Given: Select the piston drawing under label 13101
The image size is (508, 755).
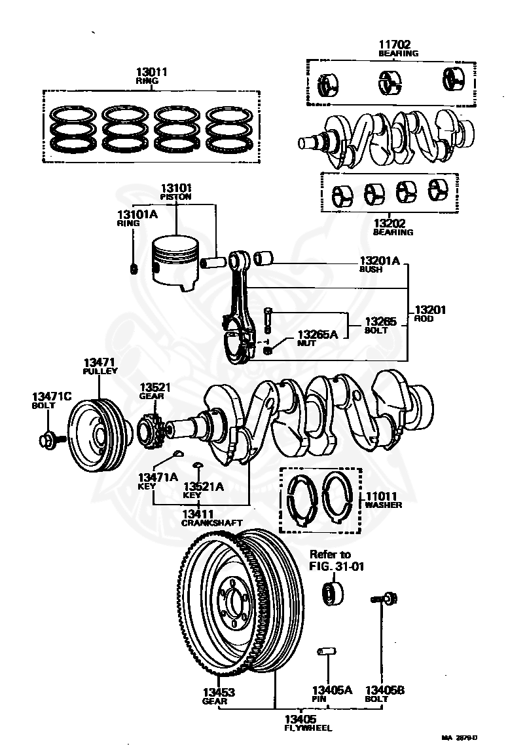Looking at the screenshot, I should coord(175,263).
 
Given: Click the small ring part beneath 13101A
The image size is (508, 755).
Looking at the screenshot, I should coord(134,268).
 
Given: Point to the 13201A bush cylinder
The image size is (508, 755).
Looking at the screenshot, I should coord(263,257).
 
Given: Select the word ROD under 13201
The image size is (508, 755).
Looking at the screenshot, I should coord(424,319).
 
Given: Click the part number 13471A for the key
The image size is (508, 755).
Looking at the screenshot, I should coord(157,477).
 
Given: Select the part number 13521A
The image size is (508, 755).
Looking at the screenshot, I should coord(204,486).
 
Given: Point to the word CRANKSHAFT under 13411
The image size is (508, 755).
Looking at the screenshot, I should coord(212,522).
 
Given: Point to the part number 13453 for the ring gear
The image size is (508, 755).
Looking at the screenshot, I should coord(218,691).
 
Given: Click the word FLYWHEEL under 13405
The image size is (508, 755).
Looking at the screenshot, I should coord(308,727).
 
